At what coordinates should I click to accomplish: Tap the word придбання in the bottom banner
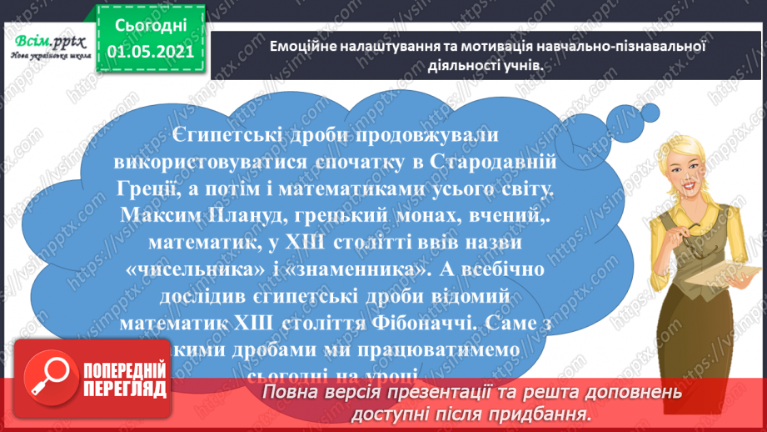click(x=540, y=414)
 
